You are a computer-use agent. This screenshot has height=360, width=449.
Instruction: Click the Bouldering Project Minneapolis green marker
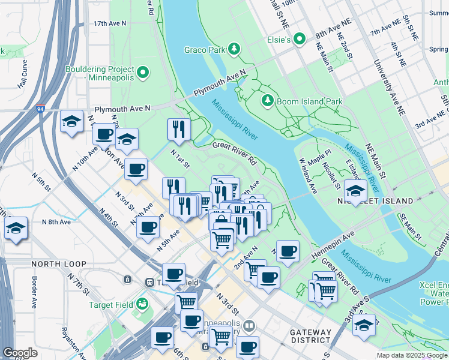[142, 73]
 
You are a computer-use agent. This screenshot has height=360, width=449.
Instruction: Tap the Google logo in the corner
[20, 353]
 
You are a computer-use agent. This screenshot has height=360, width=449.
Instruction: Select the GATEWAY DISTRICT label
[310, 336]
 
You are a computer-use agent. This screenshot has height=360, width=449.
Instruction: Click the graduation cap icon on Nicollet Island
[355, 191]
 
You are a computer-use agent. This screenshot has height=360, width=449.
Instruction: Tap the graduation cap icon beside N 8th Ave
[16, 229]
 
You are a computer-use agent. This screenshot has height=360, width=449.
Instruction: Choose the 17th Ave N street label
[110, 23]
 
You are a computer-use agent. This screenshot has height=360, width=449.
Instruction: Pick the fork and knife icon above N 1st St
[178, 127]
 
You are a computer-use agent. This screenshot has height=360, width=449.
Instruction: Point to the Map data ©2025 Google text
[412, 355]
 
